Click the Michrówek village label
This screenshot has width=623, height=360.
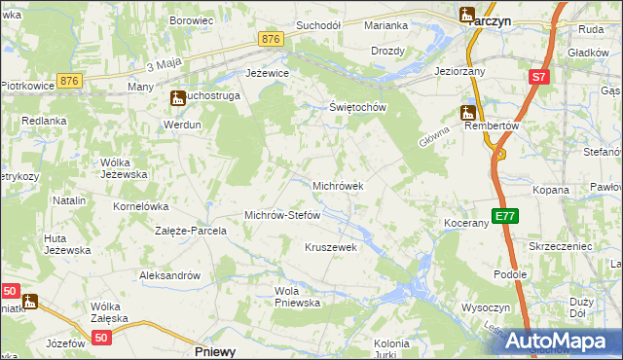pos(338,185)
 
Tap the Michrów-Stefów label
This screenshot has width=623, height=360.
pos(282,215)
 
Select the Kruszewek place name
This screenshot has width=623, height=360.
pos(332,247)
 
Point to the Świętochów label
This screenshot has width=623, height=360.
pos(358,107)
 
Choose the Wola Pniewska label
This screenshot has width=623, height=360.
pos(298,297)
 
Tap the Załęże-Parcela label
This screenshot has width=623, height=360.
pos(191,232)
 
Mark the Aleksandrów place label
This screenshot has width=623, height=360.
pos(169,275)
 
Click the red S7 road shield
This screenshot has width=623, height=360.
pos(539,77)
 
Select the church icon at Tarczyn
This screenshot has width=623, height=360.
pos(466,15)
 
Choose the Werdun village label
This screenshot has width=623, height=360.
pos(182,125)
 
